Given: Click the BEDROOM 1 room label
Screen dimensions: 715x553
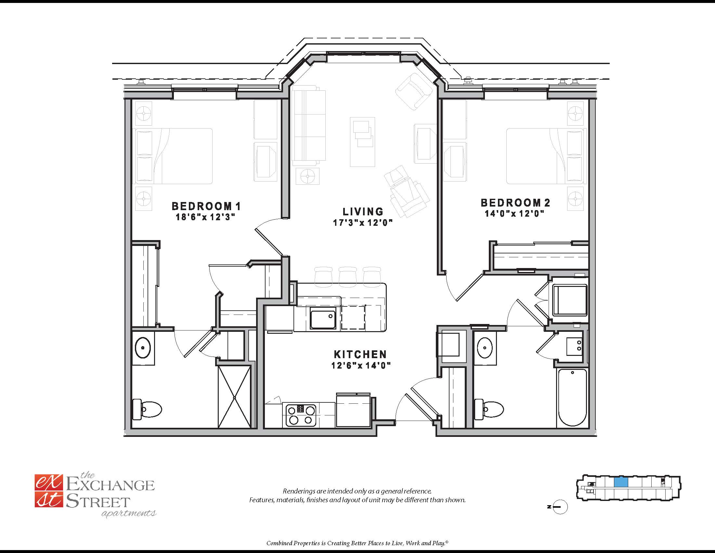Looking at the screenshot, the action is pyautogui.click(x=206, y=206).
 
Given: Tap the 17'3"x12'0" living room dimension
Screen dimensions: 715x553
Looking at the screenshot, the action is pyautogui.click(x=363, y=223).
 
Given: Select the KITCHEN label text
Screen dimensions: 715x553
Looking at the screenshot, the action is pyautogui.click(x=360, y=354).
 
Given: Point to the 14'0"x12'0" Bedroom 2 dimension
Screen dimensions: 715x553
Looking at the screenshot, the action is pyautogui.click(x=514, y=214).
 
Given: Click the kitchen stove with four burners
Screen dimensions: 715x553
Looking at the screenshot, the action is pyautogui.click(x=301, y=415).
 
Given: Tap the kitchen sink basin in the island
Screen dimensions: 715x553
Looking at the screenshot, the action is pyautogui.click(x=323, y=319).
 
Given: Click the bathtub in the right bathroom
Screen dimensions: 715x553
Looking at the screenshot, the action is pyautogui.click(x=572, y=398).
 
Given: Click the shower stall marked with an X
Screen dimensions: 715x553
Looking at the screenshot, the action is pyautogui.click(x=234, y=397).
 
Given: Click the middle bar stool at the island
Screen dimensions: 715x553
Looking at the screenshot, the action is pyautogui.click(x=347, y=277).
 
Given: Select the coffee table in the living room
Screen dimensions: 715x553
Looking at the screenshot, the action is pyautogui.click(x=362, y=142).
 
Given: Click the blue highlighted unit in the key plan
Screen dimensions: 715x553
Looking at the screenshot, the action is pyautogui.click(x=621, y=482).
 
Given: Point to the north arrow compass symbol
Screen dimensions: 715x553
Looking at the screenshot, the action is pyautogui.click(x=560, y=507).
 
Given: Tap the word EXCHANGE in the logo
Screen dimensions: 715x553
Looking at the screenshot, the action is pyautogui.click(x=110, y=485).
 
